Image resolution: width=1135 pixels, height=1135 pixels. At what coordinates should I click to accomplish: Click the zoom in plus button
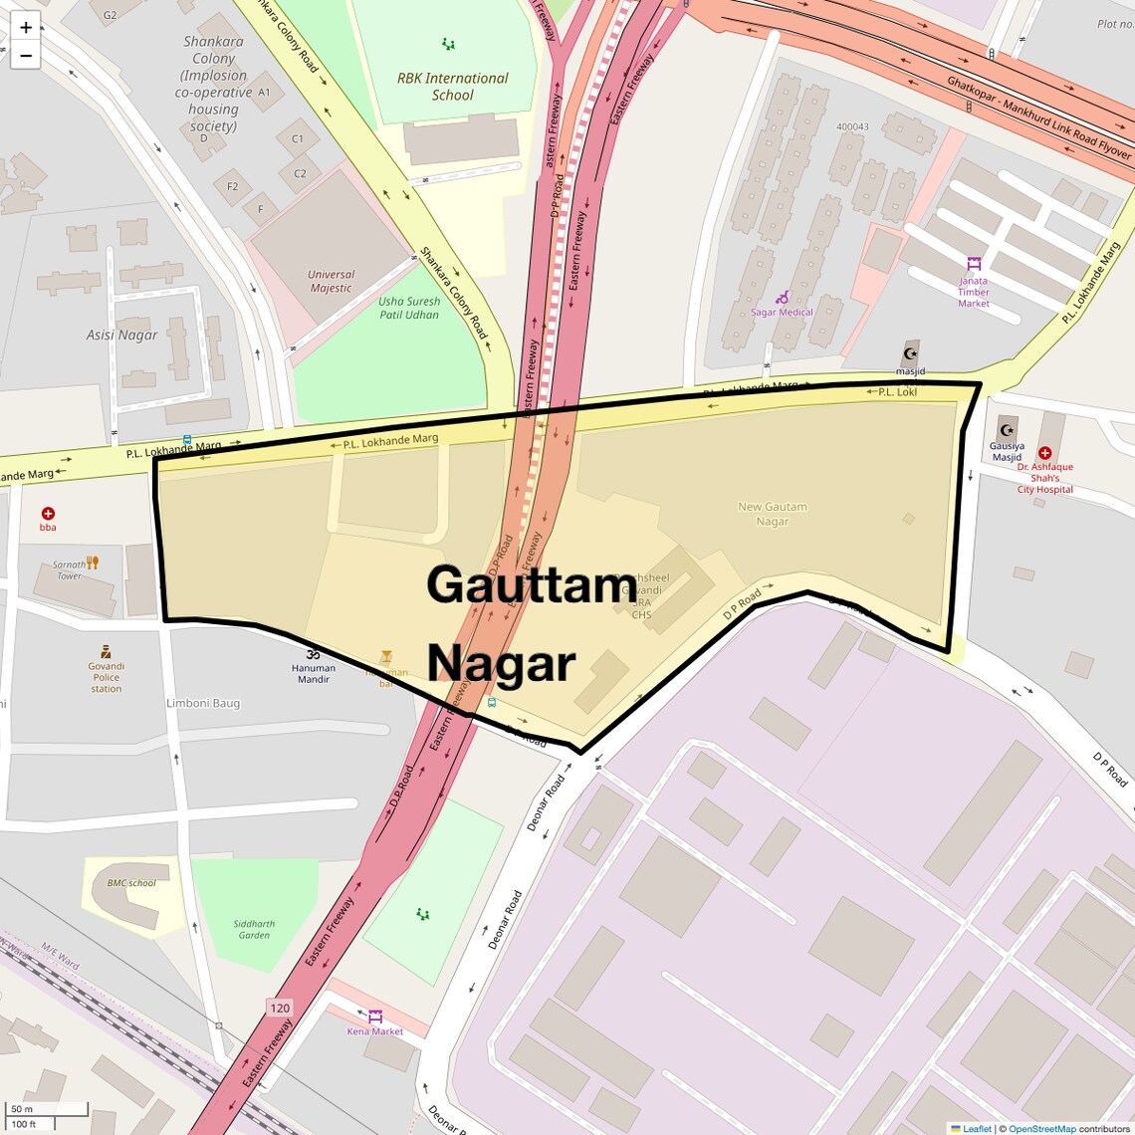tap(26, 27)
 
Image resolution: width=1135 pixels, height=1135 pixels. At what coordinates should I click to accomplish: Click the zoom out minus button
tap(26, 56)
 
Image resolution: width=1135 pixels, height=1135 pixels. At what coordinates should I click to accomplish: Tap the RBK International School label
tap(452, 87)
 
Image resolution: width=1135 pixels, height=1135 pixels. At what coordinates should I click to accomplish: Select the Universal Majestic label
tap(331, 281)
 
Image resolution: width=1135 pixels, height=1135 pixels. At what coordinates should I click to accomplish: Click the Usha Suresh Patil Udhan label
tap(409, 308)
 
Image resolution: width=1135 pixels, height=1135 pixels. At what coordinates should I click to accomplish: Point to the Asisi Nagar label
tap(121, 335)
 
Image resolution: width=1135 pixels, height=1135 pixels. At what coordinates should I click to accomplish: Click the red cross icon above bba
tap(48, 514)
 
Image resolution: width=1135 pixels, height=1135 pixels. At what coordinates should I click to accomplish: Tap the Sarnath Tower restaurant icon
tap(93, 564)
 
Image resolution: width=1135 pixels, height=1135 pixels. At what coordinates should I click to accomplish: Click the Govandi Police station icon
tap(106, 652)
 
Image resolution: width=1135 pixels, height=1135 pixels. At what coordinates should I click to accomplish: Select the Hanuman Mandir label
tap(313, 674)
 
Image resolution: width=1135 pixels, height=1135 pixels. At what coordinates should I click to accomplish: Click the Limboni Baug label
tap(203, 703)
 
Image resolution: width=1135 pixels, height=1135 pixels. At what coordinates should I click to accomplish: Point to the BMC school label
tap(131, 883)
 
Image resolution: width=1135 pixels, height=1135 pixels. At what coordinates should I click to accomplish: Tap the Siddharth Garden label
tap(254, 929)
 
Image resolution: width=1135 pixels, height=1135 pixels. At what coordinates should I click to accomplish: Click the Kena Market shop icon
tap(375, 1017)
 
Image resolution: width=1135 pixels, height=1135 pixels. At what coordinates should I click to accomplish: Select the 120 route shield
tap(280, 1008)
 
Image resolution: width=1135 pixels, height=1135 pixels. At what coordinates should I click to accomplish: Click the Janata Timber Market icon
tap(974, 264)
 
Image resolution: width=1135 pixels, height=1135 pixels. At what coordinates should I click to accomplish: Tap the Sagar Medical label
tap(782, 313)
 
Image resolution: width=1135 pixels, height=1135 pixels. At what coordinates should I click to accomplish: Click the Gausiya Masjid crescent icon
tap(1007, 430)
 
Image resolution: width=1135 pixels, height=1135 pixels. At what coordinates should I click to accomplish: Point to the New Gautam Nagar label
tap(772, 514)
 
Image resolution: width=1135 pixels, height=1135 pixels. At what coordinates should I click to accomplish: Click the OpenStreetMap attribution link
tap(1041, 1128)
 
